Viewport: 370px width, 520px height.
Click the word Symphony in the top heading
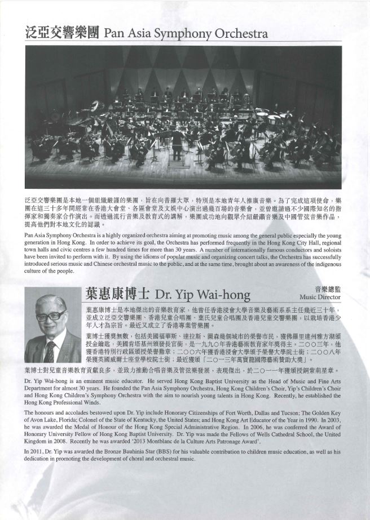point(191,34)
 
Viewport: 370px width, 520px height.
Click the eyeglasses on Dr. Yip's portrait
point(51,317)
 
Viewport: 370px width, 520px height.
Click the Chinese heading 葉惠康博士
point(118,294)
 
